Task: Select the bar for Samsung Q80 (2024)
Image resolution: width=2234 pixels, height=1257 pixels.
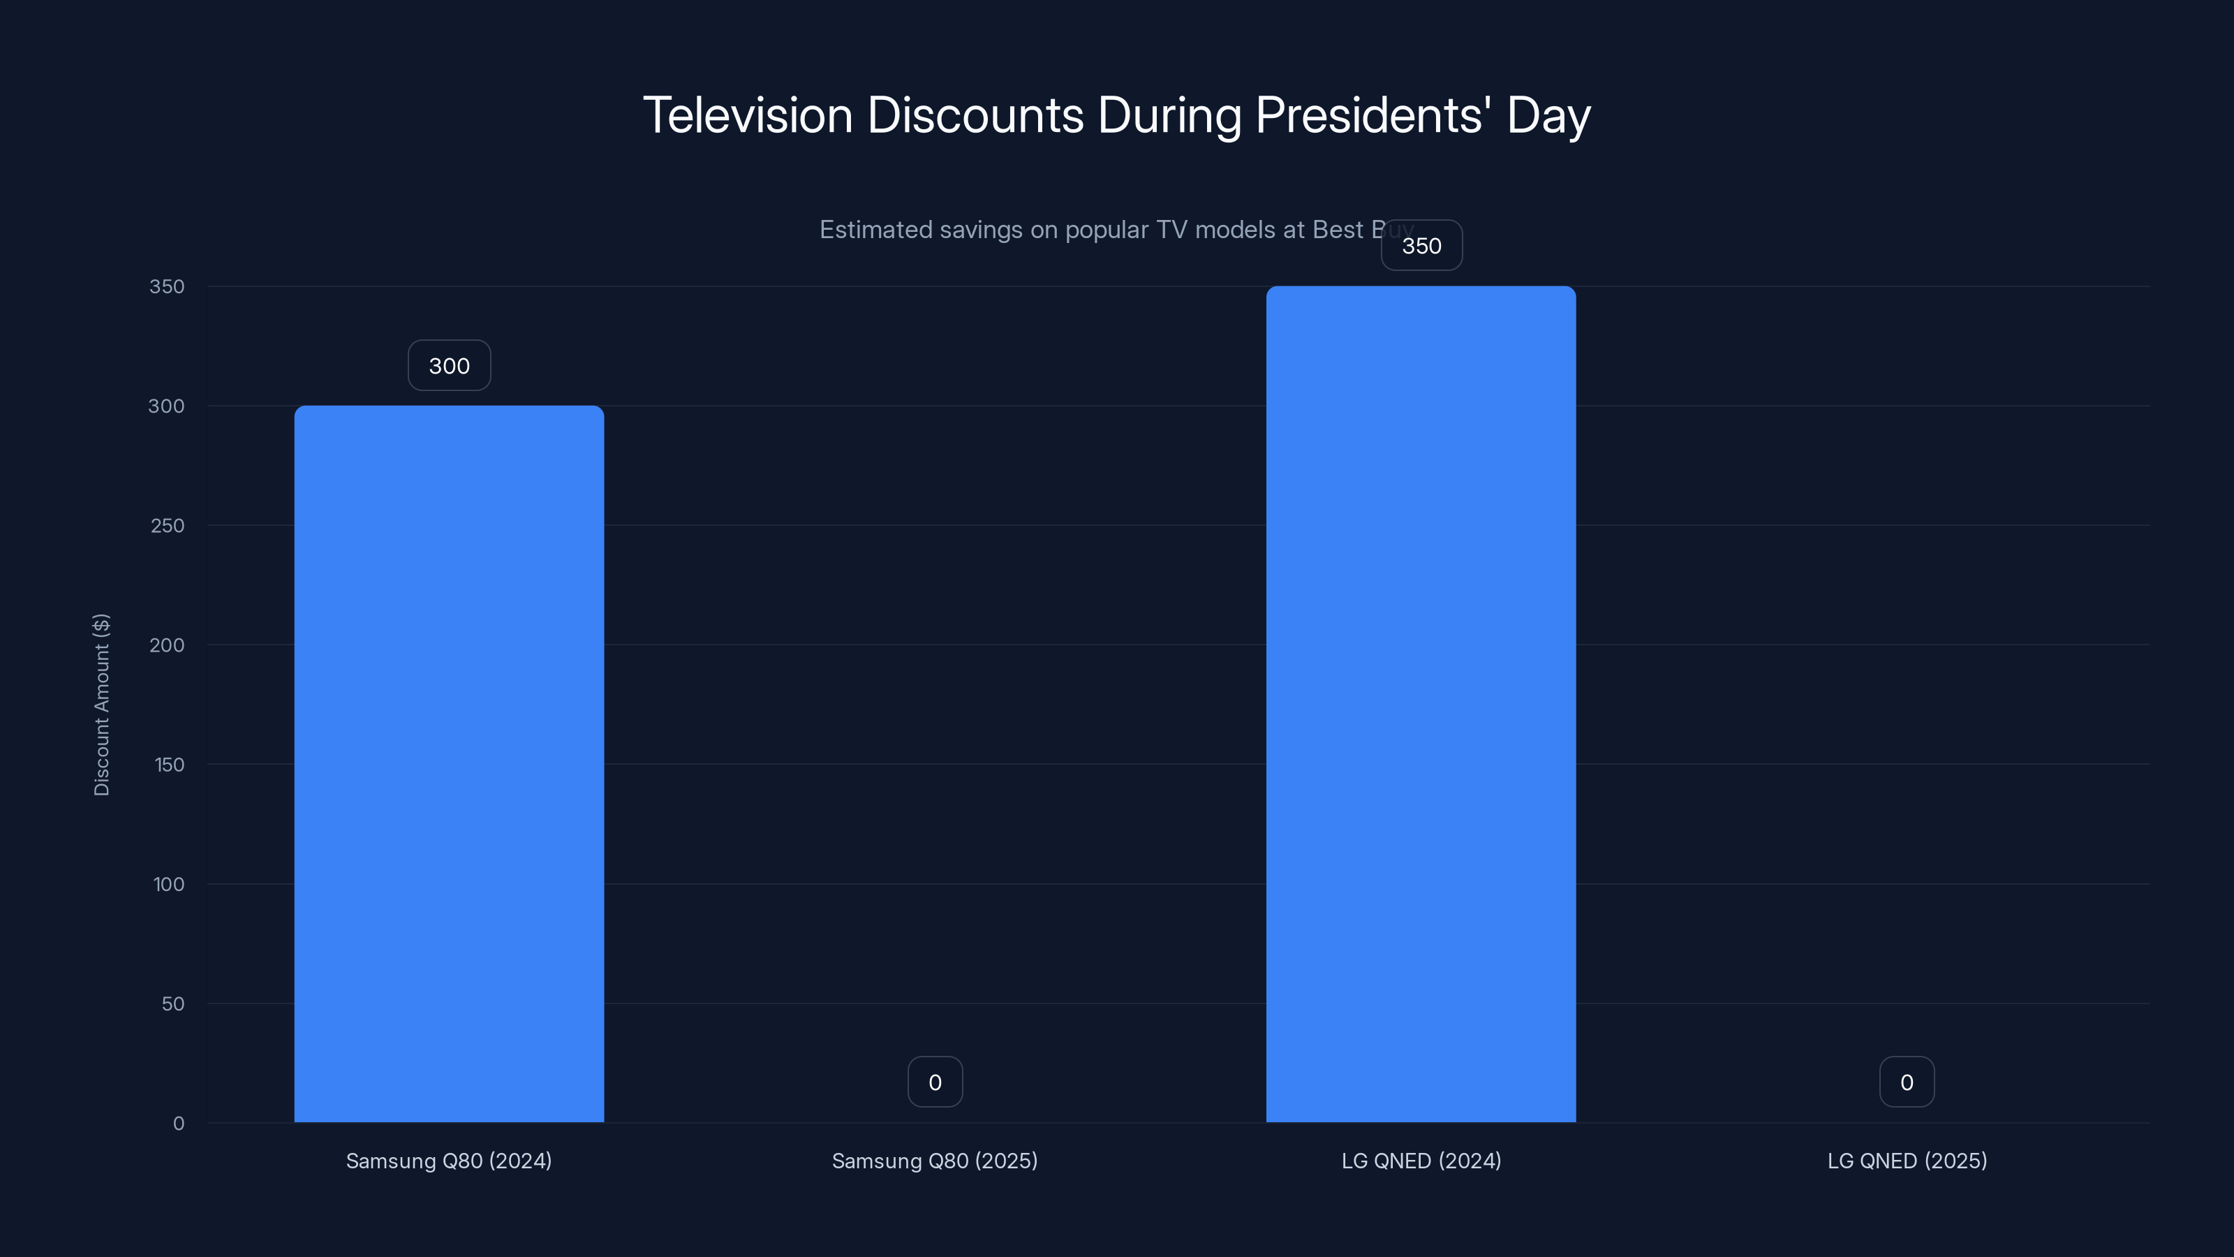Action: coord(448,763)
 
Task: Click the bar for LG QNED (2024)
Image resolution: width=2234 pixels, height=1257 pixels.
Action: coord(1421,703)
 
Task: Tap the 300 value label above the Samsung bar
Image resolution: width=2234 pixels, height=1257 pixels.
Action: coord(449,365)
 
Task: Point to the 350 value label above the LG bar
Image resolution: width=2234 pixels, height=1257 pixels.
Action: coord(1421,246)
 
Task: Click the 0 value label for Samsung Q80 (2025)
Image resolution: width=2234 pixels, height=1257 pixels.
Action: coord(935,1082)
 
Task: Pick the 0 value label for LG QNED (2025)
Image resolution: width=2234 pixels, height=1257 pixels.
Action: coord(1906,1082)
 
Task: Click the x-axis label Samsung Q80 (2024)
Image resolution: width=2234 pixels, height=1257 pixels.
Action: coord(448,1161)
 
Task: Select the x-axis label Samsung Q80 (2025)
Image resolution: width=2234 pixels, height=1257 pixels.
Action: coord(934,1161)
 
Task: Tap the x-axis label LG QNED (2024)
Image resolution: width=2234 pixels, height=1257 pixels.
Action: coord(1421,1161)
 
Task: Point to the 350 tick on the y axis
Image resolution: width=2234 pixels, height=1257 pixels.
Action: coord(167,286)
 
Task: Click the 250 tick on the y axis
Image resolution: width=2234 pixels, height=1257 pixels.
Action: coord(167,526)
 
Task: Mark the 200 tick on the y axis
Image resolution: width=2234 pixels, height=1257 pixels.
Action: coord(167,645)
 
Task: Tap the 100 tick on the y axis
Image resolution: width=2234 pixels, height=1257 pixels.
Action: coord(168,884)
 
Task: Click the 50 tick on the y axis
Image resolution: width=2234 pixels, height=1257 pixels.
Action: coord(172,1004)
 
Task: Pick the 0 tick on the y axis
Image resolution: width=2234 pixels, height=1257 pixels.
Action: coord(178,1124)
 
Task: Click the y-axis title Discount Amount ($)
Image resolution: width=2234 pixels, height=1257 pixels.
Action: coord(101,705)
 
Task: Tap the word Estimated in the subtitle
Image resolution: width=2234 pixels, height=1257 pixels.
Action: coord(875,230)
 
